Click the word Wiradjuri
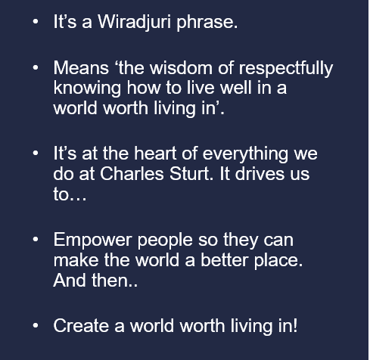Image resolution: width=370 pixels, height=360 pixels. coord(135,22)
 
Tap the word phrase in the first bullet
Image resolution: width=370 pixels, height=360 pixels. coord(207,22)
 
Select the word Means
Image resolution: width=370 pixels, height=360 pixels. coord(81,68)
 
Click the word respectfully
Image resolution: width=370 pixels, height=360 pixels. coord(286,69)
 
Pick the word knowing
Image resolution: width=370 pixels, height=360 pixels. coord(87,88)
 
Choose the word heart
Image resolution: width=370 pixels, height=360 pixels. coord(155,154)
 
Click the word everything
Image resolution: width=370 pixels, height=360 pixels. coord(245,154)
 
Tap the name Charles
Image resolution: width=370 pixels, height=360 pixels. coord(132,174)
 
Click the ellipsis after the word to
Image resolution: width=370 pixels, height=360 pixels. coord(78,199)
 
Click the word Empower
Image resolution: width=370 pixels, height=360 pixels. coord(92,241)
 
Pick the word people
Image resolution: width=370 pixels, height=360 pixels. coord(165,241)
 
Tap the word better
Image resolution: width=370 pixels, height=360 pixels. coord(225,260)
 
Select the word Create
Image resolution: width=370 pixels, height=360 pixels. coord(81,325)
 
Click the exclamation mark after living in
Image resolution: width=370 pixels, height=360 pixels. coord(295,325)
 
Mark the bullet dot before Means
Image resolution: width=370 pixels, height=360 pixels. coord(36,67)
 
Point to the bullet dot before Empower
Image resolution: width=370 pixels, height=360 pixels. coord(36,239)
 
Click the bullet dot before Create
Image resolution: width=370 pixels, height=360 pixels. coord(36,325)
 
